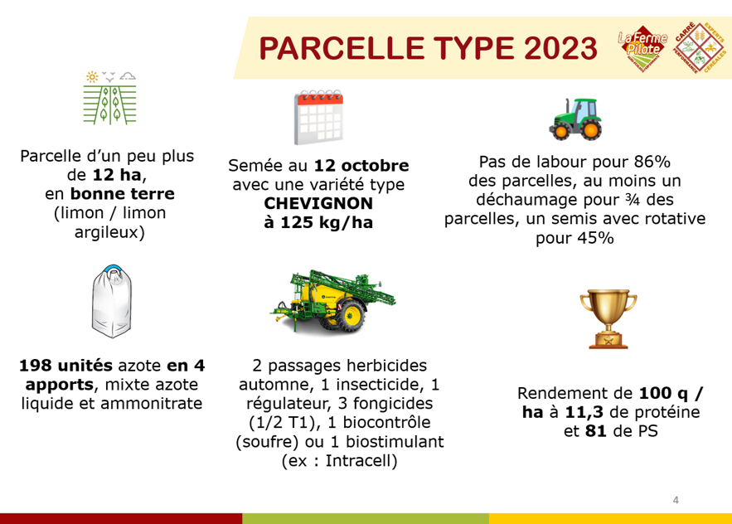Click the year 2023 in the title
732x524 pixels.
click(560, 48)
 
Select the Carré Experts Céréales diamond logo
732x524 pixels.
click(700, 47)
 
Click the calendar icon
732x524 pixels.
click(318, 117)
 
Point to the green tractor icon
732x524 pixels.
click(575, 119)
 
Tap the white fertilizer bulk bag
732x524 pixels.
click(112, 301)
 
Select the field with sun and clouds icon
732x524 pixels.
click(109, 98)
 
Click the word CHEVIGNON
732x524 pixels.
click(318, 203)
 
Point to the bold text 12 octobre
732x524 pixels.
click(361, 165)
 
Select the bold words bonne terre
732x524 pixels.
click(123, 193)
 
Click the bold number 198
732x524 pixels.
click(34, 365)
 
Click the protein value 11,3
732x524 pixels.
click(584, 412)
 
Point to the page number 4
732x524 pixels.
click(676, 500)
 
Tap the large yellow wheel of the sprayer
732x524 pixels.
click(350, 316)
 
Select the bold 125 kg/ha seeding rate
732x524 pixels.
click(318, 222)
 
